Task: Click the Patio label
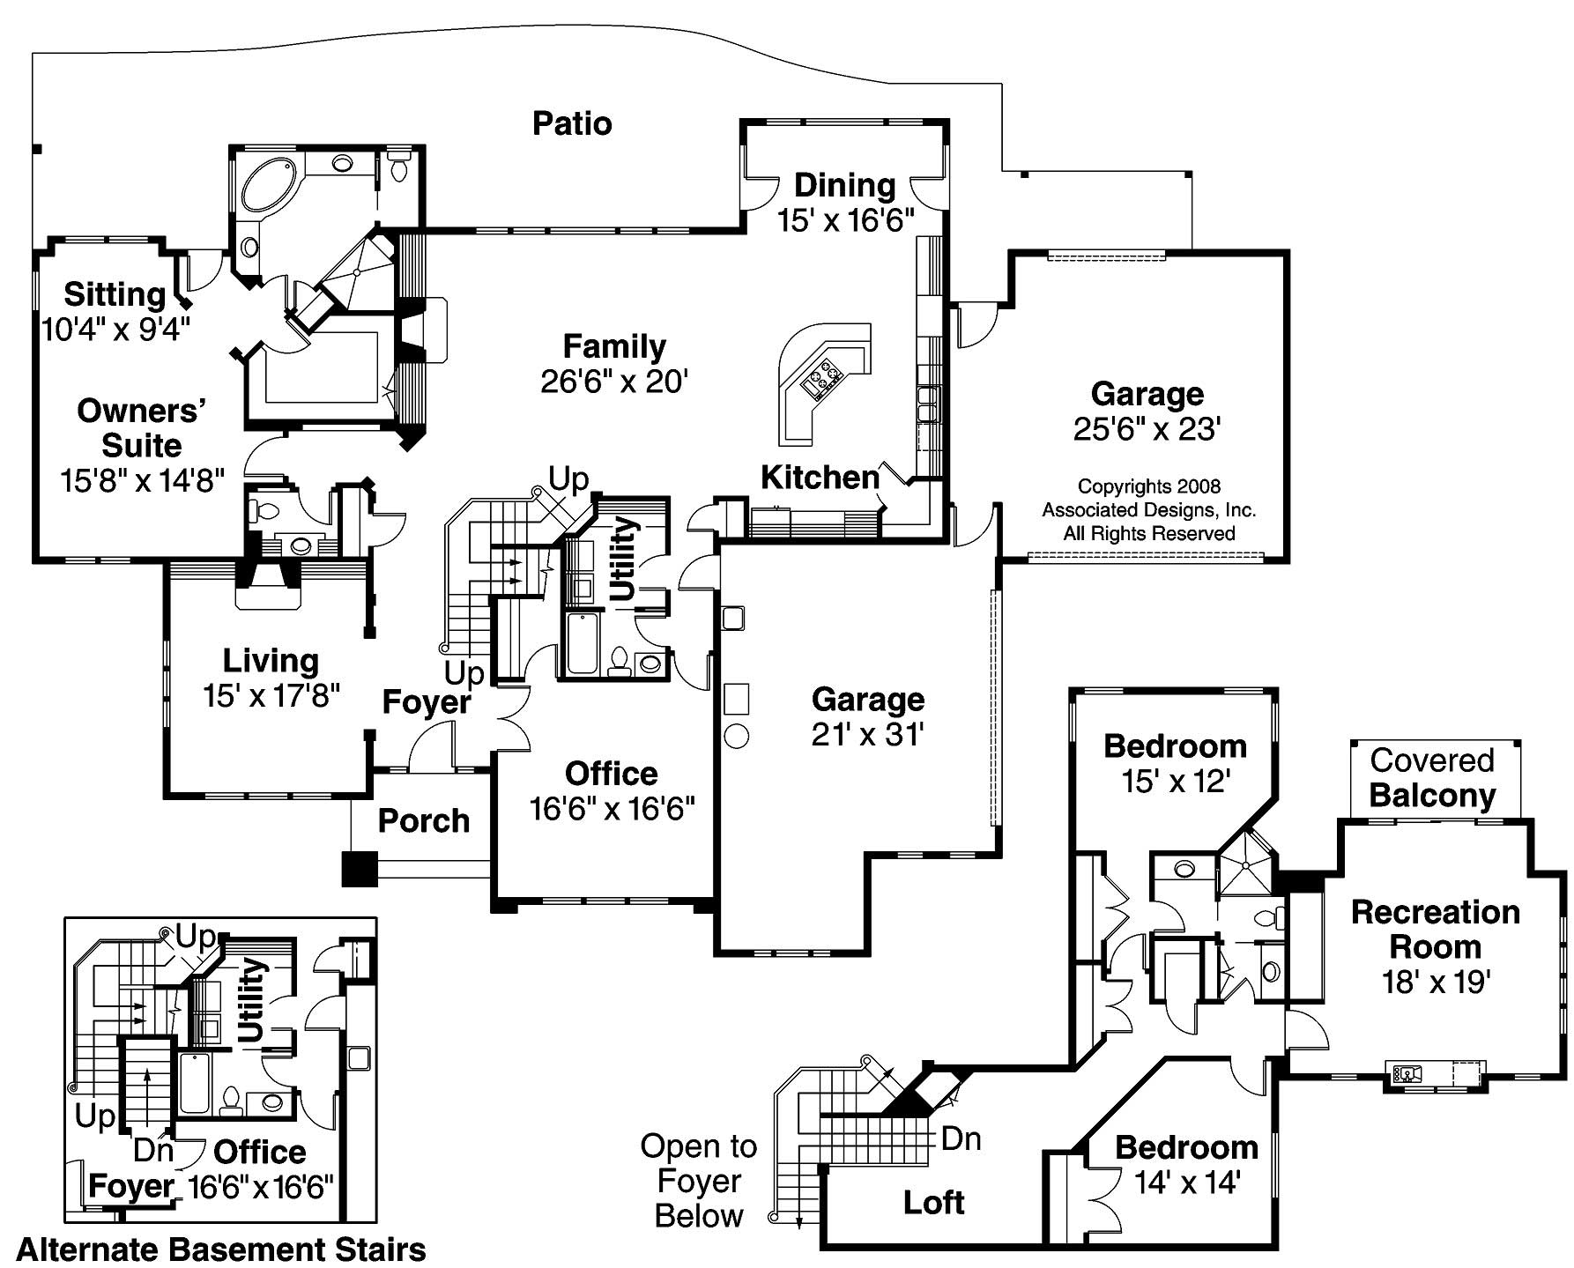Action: (572, 123)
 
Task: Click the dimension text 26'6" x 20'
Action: (614, 382)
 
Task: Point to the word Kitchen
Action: (820, 478)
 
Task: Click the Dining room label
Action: (844, 185)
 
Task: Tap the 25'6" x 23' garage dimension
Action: (1147, 429)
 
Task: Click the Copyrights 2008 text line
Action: (1148, 486)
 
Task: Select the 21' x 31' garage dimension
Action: (867, 734)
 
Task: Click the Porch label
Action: (424, 820)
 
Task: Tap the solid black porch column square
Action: (359, 869)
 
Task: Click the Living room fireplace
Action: (269, 585)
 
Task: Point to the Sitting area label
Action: (115, 293)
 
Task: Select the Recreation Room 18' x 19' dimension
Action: (1436, 982)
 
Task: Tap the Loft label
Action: (933, 1202)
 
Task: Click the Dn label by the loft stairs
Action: (961, 1138)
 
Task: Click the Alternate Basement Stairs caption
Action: (221, 1249)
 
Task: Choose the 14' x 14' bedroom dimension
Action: (1186, 1183)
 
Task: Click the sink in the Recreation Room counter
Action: (1407, 1073)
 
